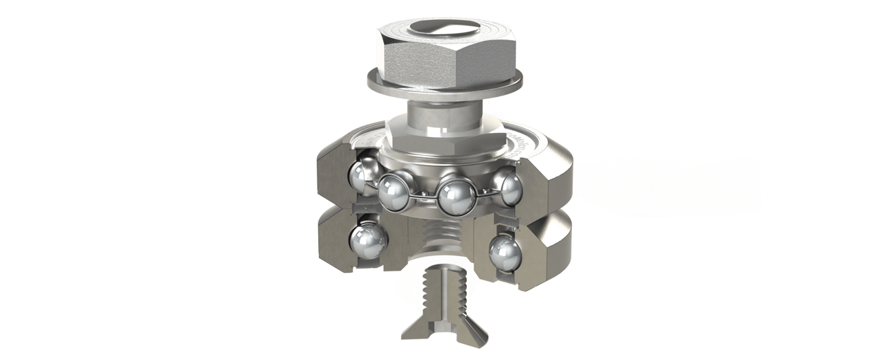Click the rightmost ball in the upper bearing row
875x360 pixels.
pyautogui.click(x=509, y=188)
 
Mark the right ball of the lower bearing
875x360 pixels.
pyautogui.click(x=505, y=252)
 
